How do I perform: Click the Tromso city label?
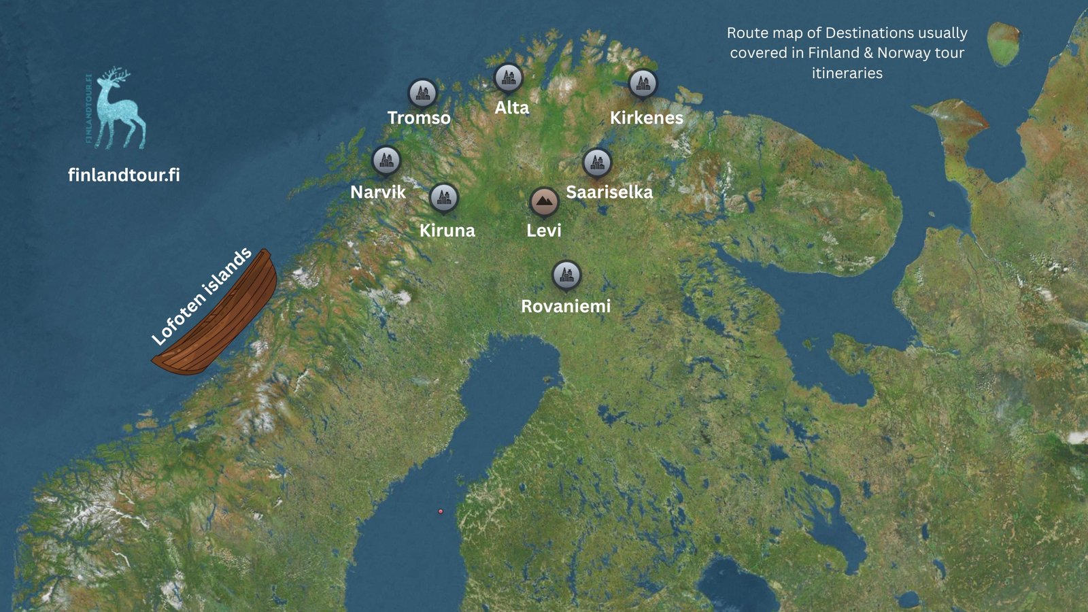[x=419, y=118]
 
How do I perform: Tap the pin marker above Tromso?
[x=422, y=92]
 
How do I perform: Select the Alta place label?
[x=511, y=107]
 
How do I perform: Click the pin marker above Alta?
[x=508, y=78]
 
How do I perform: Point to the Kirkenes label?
[x=646, y=118]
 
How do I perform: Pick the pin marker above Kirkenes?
[x=643, y=83]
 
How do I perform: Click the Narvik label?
[x=377, y=192]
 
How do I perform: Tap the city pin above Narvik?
[x=386, y=160]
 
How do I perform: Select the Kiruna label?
[x=447, y=230]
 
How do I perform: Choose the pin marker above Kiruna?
[x=444, y=198]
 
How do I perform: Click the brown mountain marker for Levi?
[x=544, y=201]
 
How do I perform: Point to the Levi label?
[x=543, y=230]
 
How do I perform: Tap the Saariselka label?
[x=609, y=192]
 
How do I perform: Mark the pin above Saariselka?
[x=597, y=163]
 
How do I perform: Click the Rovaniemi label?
[x=566, y=306]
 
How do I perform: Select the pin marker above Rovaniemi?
[x=566, y=275]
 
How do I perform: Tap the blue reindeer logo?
[x=119, y=109]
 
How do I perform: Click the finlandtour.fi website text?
[x=124, y=175]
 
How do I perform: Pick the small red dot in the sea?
[x=441, y=511]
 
